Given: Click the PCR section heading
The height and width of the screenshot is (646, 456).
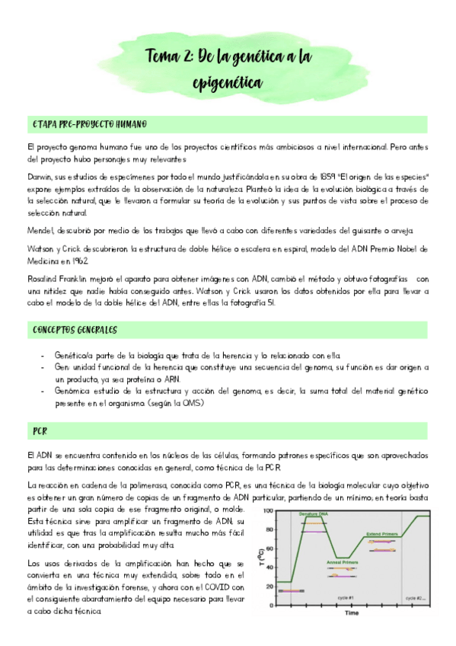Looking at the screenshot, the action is pyautogui.click(x=40, y=431).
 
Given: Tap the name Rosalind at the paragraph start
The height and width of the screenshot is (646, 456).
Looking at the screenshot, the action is pyautogui.click(x=45, y=279).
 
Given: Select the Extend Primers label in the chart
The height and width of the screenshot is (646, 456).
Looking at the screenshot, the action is pyautogui.click(x=388, y=534).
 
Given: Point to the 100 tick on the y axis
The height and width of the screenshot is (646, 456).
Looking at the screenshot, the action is pyautogui.click(x=267, y=510).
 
